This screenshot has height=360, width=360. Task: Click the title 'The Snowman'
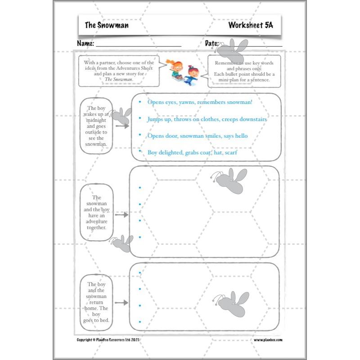click(107, 25)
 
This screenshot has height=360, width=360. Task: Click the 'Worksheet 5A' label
click(250, 25)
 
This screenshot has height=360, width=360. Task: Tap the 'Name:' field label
click(85, 44)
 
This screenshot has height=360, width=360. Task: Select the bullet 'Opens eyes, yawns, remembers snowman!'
click(200, 102)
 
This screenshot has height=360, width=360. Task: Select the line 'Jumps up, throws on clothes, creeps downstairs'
click(207, 119)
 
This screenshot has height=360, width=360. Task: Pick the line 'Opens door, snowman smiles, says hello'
click(197, 135)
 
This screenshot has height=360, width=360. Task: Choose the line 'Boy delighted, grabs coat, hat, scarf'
click(192, 153)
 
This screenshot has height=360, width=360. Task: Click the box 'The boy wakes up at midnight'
click(95, 126)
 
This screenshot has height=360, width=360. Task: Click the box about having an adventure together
click(97, 212)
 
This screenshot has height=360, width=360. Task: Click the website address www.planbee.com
click(268, 340)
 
